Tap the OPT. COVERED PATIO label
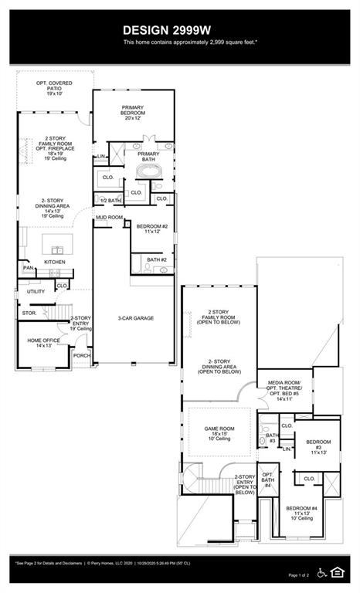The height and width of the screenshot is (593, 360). click(54, 87)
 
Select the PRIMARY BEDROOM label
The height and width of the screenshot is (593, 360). click(133, 113)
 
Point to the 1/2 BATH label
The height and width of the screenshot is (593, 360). click(110, 201)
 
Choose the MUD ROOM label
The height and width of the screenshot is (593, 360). click(109, 218)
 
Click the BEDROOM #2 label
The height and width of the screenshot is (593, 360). click(152, 229)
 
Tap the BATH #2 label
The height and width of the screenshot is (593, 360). click(157, 260)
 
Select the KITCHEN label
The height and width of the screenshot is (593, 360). click(54, 263)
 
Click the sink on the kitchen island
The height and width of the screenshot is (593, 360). click(56, 249)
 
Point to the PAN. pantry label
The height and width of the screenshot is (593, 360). click(28, 268)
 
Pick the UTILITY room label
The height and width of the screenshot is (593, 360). click(36, 292)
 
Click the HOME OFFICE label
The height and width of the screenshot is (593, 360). click(44, 343)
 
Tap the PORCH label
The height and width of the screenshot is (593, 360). click(81, 355)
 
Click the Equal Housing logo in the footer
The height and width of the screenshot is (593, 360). click(338, 571)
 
